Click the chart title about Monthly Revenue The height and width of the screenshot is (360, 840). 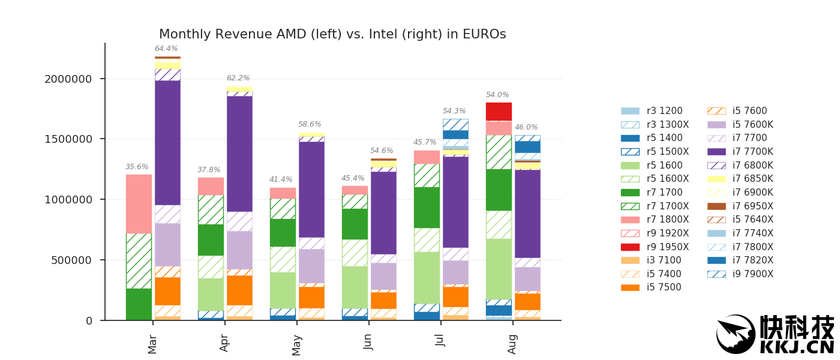tap(332, 35)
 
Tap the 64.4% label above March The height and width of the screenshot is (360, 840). tap(166, 49)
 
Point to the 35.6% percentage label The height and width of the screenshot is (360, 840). tap(137, 167)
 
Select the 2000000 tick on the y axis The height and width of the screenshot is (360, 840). tap(68, 79)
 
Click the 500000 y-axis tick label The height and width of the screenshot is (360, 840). tap(72, 260)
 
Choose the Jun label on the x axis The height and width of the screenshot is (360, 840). tap(368, 341)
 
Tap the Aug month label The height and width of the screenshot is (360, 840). tap(512, 344)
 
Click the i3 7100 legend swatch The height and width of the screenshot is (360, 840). tap(630, 260)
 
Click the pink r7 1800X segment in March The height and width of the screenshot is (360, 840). tap(139, 204)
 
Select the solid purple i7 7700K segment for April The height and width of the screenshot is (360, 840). tap(239, 154)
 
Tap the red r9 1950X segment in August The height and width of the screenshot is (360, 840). tap(499, 112)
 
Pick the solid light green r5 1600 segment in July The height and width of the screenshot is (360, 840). tap(427, 277)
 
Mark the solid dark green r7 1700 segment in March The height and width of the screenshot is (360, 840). tap(139, 304)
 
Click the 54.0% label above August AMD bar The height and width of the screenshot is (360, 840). tap(497, 95)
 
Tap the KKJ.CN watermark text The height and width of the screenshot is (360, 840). tap(796, 347)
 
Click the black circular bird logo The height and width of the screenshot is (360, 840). tap(736, 334)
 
